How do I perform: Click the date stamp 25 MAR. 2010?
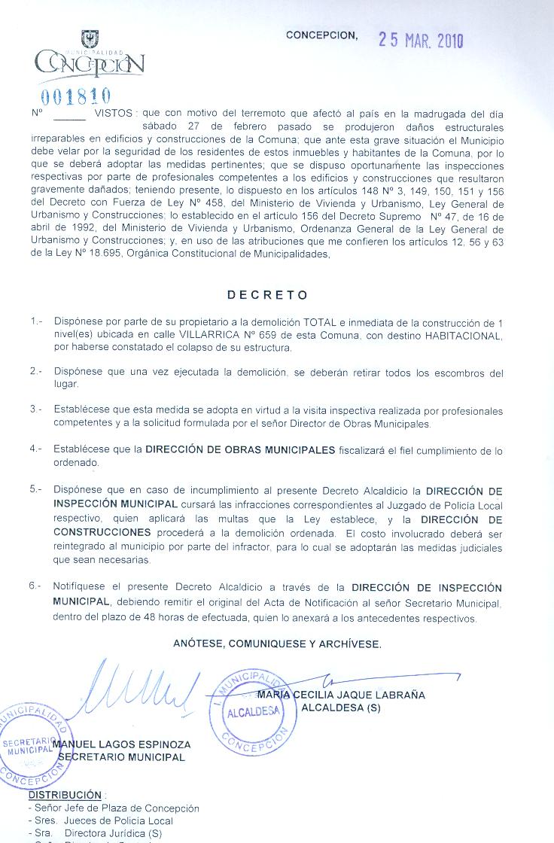pyautogui.click(x=421, y=41)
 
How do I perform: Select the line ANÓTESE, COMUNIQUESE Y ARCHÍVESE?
pyautogui.click(x=277, y=644)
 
